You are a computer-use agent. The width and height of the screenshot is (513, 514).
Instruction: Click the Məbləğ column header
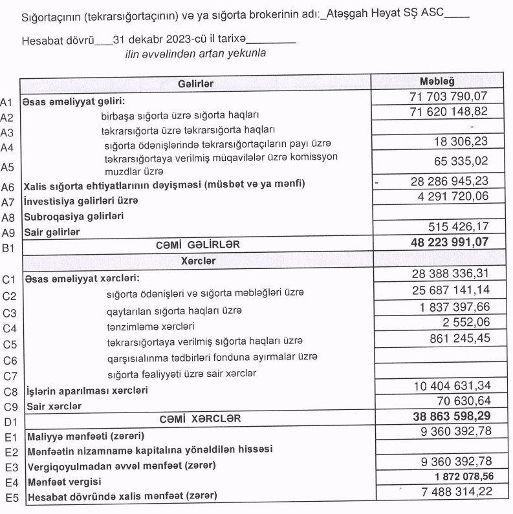[x=437, y=82]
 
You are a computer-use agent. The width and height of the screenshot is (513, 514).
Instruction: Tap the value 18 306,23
[x=461, y=142]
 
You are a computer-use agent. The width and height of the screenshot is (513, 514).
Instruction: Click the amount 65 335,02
[x=461, y=162]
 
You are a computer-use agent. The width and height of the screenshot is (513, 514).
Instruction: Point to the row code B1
[x=8, y=246]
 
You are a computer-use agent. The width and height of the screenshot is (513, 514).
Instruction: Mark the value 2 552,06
[x=463, y=322]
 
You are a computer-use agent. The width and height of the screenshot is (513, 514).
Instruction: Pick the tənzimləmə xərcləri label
[x=151, y=325]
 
